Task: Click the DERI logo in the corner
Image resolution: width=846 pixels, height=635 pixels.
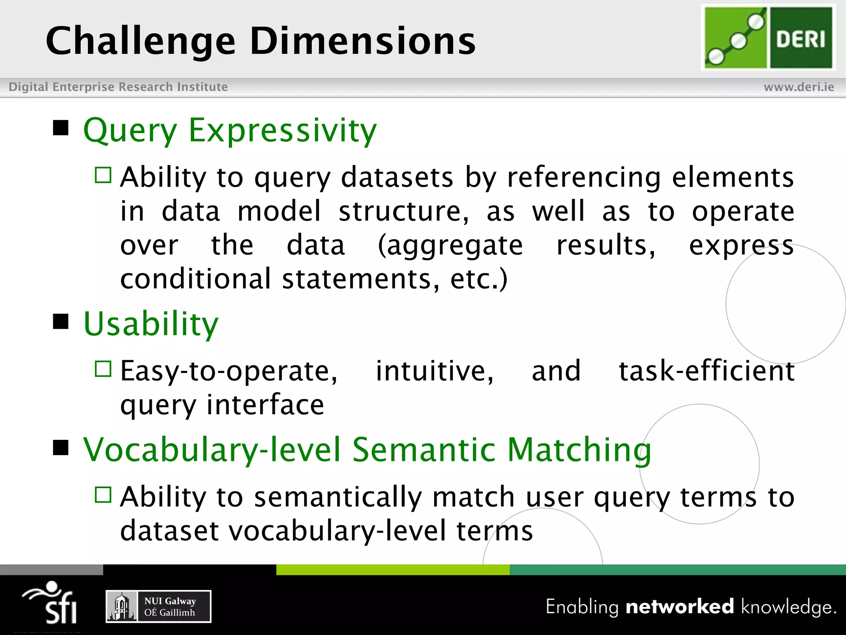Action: [768, 38]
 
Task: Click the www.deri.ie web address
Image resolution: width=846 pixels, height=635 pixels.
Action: [798, 87]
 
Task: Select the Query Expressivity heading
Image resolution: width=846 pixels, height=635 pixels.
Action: [230, 130]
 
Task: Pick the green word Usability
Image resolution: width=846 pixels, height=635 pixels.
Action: [151, 324]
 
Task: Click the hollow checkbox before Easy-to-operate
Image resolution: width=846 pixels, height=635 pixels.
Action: [103, 369]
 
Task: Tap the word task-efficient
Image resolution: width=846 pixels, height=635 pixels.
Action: [706, 371]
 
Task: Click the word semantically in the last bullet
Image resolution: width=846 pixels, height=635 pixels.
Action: [337, 497]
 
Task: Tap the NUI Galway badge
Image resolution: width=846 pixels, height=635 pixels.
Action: [159, 606]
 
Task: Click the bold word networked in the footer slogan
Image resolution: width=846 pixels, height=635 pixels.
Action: [680, 606]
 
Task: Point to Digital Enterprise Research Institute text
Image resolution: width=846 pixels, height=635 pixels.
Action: [118, 87]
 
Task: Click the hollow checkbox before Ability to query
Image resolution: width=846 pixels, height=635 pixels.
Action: [103, 175]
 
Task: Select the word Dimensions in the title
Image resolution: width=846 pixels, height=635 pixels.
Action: [363, 41]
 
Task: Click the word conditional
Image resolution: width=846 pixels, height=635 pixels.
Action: [195, 279]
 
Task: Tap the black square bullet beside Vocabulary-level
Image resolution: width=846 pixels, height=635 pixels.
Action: [61, 447]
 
